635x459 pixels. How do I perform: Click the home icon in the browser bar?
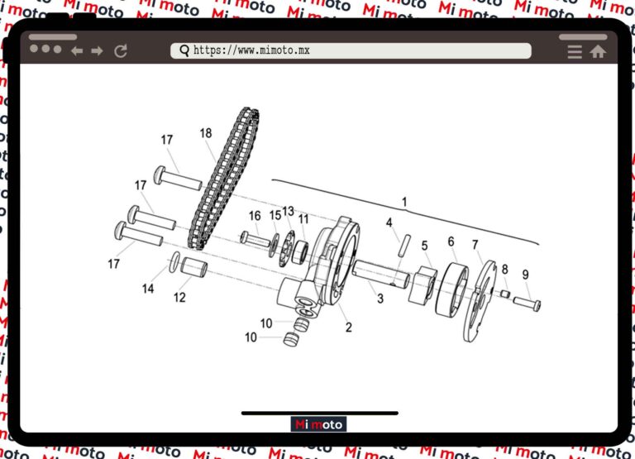pos(598,51)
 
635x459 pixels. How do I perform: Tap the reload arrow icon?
pos(121,51)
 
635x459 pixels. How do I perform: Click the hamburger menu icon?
pos(575,52)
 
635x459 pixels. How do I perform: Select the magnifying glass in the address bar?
pos(184,50)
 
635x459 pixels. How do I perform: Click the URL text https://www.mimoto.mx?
pos(251,50)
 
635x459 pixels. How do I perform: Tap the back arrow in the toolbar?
pos(77,51)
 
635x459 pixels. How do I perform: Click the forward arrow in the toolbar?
pos(98,51)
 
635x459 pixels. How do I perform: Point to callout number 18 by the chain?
pos(206,133)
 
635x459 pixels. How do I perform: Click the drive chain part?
pos(223,179)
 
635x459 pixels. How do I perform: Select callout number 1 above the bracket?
pos(404,202)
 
